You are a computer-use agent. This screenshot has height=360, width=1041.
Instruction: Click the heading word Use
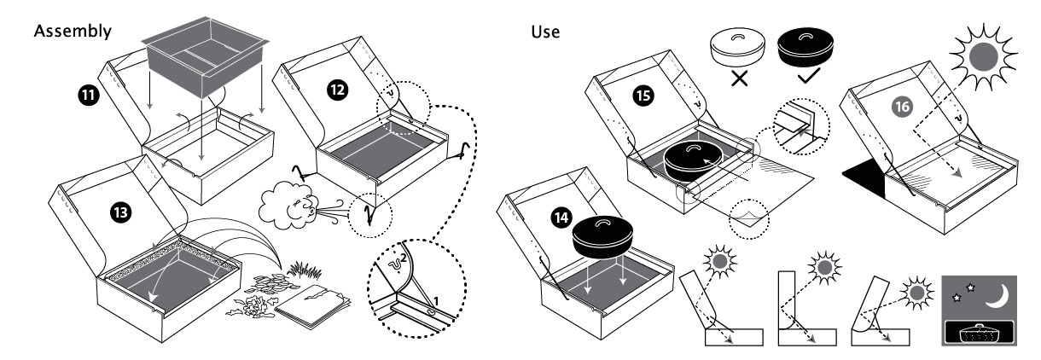pos(545,32)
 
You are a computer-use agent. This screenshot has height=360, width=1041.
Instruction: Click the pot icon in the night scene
pos(980,334)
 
